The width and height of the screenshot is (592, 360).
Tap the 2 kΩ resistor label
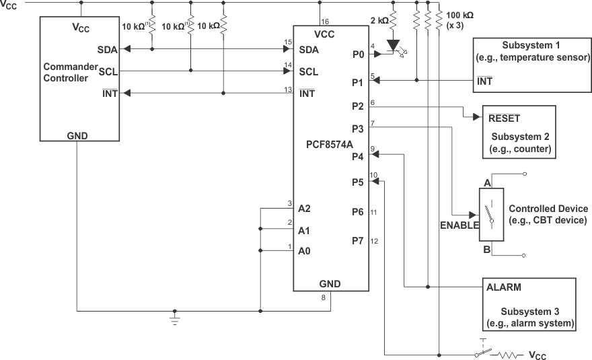(380, 21)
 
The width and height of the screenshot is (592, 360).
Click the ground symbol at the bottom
(175, 320)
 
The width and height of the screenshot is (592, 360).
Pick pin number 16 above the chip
(326, 21)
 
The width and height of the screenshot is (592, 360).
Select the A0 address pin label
(304, 251)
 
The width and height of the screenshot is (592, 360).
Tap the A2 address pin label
(304, 208)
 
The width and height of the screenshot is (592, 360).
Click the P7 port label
(357, 240)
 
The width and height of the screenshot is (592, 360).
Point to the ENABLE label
(459, 225)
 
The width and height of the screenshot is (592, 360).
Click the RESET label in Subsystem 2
(504, 117)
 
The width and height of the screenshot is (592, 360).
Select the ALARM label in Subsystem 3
(504, 286)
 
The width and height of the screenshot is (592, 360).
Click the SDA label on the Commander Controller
(107, 49)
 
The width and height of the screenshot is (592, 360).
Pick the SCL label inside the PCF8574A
(309, 71)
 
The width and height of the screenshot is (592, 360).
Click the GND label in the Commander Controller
(77, 135)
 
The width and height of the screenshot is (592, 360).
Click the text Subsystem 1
(532, 44)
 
